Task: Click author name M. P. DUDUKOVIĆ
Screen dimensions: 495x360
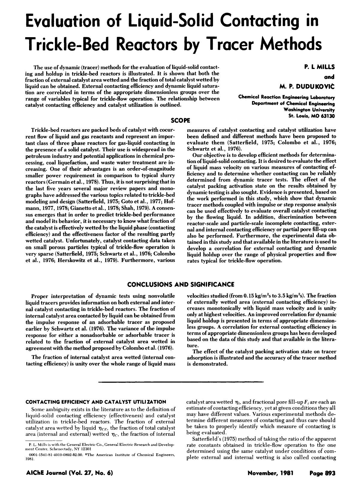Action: click(307, 87)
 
